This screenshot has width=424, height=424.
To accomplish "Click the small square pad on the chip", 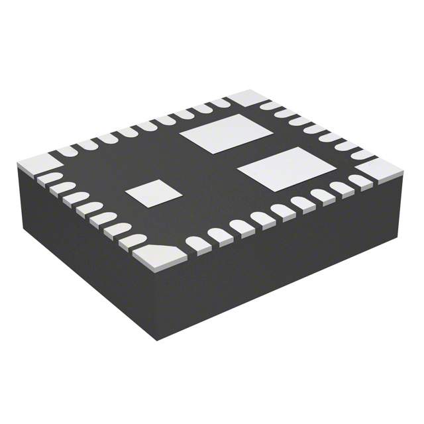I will tap(154, 192).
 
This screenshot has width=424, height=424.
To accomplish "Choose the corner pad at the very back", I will tap(244, 97).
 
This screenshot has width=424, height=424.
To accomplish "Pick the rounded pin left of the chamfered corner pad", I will tap(132, 241).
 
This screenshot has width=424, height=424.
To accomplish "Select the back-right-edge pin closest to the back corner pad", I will tap(269, 105).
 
